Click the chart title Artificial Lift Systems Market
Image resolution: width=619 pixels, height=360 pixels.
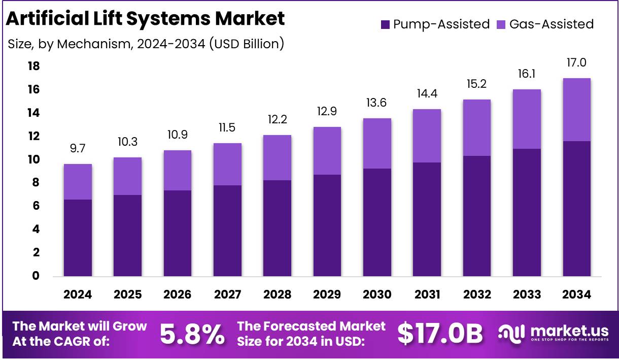pyautogui.click(x=145, y=19)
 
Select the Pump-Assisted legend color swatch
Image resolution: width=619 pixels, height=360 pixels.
pyautogui.click(x=385, y=24)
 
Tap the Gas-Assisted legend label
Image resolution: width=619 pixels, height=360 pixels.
pyautogui.click(x=551, y=24)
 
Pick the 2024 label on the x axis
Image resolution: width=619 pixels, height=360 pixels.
pyautogui.click(x=78, y=294)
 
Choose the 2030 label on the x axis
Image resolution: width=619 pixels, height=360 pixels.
pyautogui.click(x=377, y=294)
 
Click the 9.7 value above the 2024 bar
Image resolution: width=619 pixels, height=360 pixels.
pyautogui.click(x=78, y=148)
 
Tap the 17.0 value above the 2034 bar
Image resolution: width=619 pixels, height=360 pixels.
pyautogui.click(x=576, y=62)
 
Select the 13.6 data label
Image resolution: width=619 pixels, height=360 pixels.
pyautogui.click(x=377, y=103)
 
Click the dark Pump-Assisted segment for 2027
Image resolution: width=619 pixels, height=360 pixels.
pyautogui.click(x=227, y=231)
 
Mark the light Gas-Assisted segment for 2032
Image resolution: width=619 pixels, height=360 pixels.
pyautogui.click(x=476, y=127)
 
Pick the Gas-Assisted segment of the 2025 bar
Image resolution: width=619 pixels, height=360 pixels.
pyautogui.click(x=127, y=176)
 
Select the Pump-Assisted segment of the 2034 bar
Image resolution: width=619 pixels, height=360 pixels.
pyautogui.click(x=576, y=208)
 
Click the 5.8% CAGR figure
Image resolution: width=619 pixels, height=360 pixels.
pyautogui.click(x=192, y=334)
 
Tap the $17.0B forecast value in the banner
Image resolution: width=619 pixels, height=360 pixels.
pyautogui.click(x=440, y=334)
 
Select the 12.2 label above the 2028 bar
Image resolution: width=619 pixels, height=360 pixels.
pyautogui.click(x=277, y=119)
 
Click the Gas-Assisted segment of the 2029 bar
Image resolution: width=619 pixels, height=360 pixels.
pyautogui.click(x=327, y=151)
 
